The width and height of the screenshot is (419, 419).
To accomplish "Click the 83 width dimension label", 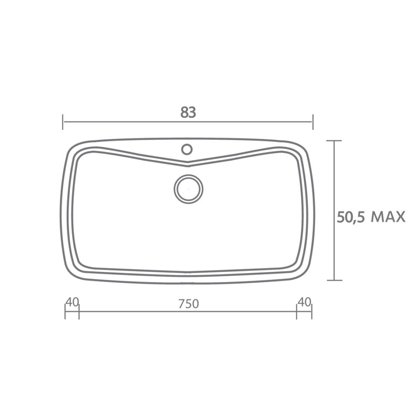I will [x=188, y=113].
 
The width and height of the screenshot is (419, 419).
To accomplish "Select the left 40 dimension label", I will [x=72, y=302].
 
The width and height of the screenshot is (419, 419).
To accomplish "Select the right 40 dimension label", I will [x=304, y=302].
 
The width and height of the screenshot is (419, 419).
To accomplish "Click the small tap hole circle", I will [x=187, y=149].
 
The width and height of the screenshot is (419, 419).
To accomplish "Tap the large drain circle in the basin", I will [x=189, y=189].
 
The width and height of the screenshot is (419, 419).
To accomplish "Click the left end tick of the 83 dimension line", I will [x=63, y=122].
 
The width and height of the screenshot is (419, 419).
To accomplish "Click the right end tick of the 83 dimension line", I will [x=313, y=122].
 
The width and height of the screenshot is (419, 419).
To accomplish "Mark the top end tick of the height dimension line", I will [x=334, y=141].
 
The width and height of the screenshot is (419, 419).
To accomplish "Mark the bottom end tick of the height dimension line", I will [x=334, y=280].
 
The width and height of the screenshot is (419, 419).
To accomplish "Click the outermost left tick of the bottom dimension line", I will [x=65, y=312].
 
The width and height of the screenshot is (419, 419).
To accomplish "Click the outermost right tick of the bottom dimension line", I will [x=312, y=312].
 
